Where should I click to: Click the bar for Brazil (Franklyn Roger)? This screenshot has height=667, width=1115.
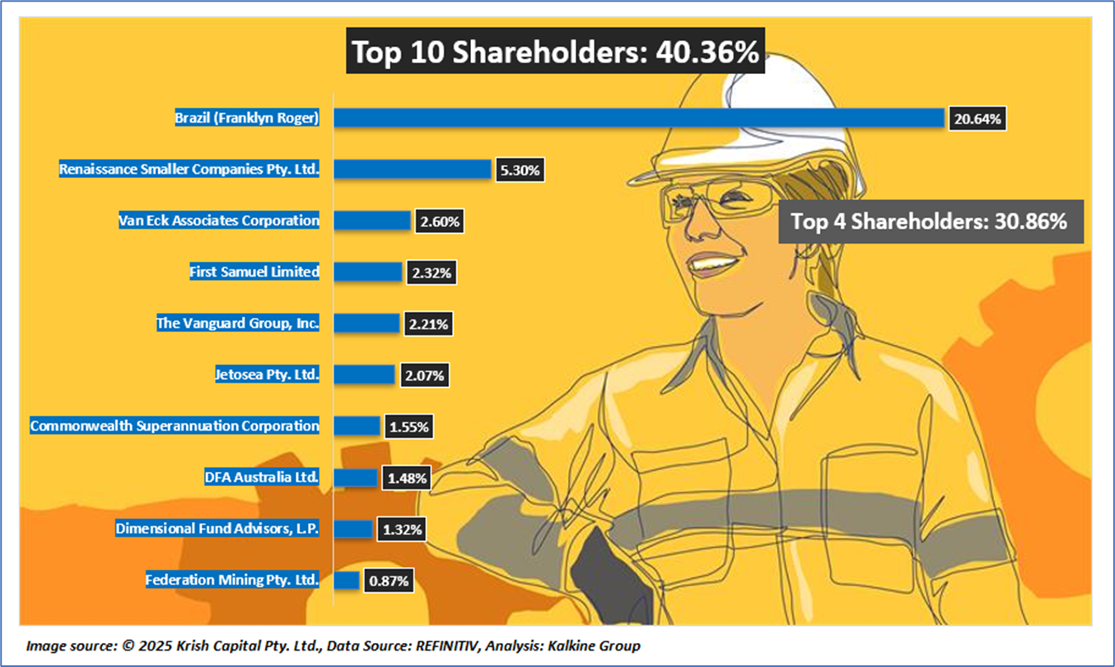[637, 118]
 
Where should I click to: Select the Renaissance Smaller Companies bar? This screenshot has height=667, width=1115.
[412, 170]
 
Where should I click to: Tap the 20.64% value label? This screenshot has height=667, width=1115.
[977, 119]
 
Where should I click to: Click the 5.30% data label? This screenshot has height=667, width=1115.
[520, 171]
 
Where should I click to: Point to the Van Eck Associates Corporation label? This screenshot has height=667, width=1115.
[218, 221]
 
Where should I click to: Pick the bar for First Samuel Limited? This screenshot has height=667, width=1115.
[367, 272]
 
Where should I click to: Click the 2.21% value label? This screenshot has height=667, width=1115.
[428, 324]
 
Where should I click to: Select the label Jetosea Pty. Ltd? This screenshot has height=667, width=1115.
[266, 375]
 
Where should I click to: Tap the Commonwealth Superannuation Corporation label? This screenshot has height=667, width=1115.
[175, 427]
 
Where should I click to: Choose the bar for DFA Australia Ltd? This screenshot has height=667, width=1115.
[355, 478]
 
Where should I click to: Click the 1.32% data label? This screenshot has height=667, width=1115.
[402, 529]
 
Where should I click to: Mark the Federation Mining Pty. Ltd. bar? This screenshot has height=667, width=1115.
[347, 581]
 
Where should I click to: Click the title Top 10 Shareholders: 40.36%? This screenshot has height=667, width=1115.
[555, 53]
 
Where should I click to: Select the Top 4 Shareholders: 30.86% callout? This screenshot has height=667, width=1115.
[930, 221]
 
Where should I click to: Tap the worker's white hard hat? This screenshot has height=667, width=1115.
[725, 115]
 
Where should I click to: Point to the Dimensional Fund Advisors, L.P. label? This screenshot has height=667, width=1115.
[217, 529]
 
